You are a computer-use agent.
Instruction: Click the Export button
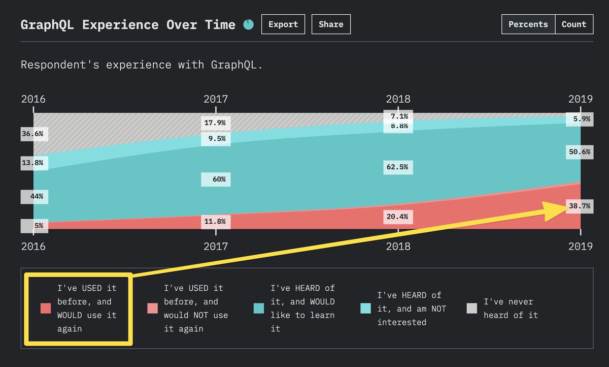(x=283, y=24)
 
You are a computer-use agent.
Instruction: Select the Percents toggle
(x=528, y=24)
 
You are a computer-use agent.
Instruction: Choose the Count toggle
(x=574, y=24)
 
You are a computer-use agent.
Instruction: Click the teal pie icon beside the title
(x=248, y=24)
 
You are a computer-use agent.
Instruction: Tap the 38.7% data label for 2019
(x=579, y=206)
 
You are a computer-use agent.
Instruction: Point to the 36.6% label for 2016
(x=34, y=135)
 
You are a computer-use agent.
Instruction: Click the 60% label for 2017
(x=216, y=180)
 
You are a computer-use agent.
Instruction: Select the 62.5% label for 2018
(x=398, y=167)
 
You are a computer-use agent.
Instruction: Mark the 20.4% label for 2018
(x=398, y=217)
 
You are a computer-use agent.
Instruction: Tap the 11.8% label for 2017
(x=216, y=222)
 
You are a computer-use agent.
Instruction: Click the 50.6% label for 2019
(x=579, y=152)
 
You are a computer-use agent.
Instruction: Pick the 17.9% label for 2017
(x=216, y=123)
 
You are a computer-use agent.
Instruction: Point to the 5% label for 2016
(x=34, y=226)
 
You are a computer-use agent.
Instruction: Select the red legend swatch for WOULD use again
(x=46, y=308)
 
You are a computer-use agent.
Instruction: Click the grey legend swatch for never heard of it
(x=471, y=308)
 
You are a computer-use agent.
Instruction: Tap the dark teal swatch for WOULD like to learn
(x=258, y=308)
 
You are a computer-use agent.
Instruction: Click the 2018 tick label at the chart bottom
(x=398, y=247)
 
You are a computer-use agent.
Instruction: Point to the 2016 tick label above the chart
(x=33, y=99)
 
